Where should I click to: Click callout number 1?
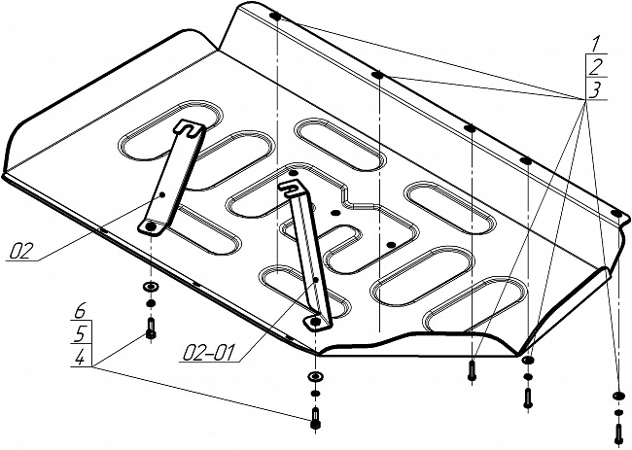[593, 44]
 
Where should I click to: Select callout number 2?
[593, 66]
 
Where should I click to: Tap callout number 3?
[593, 89]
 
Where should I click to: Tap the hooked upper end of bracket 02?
[190, 127]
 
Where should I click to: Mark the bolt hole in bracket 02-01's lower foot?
[314, 321]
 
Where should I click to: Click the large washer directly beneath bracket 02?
[151, 289]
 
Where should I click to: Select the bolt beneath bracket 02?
[151, 329]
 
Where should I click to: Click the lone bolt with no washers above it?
[473, 370]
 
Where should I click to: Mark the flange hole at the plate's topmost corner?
[276, 17]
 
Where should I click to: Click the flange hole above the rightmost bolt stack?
[615, 212]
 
